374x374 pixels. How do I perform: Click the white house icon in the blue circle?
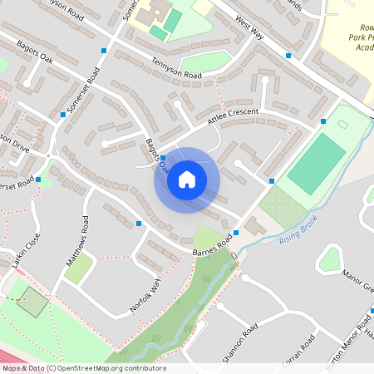click(x=186, y=180)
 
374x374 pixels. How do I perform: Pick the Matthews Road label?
click(x=77, y=242)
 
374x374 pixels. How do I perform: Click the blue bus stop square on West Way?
click(x=288, y=55)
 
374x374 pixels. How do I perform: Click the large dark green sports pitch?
click(x=316, y=165)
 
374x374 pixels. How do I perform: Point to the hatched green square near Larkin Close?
click(x=32, y=302)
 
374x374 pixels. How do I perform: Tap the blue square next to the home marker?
click(x=163, y=158)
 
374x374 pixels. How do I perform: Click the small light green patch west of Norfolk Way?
click(x=78, y=268)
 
